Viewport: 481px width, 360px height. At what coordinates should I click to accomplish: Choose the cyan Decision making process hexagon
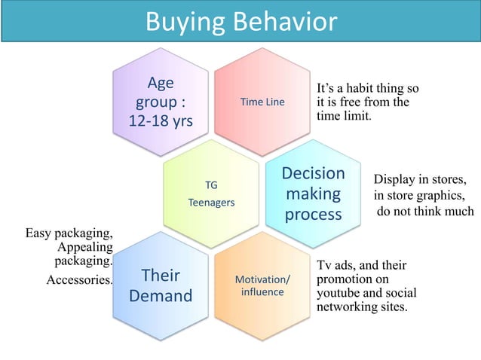coord(313,194)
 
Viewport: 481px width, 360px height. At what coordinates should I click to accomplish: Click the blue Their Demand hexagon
coord(160,285)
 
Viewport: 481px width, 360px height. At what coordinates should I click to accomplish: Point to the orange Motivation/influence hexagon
coord(262,285)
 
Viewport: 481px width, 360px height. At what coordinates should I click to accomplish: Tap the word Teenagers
coord(211,203)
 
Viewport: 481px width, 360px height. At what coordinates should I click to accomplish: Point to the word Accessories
coord(79,280)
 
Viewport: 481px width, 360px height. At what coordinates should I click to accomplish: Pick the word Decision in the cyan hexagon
coord(313,173)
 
